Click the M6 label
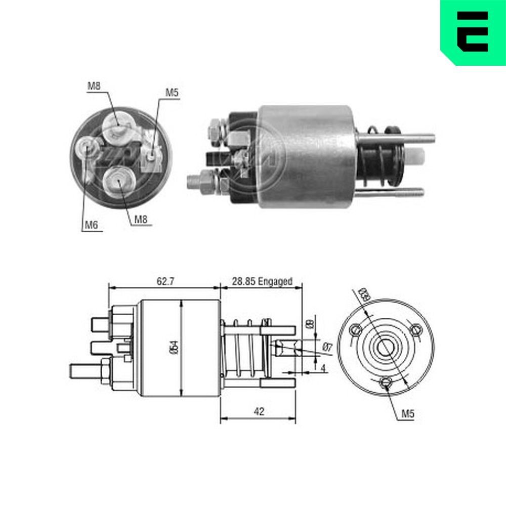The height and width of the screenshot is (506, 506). (91, 225)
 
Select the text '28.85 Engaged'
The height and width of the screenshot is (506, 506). (262, 281)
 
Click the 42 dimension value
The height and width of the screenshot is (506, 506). (259, 411)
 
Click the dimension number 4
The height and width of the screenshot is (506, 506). (323, 368)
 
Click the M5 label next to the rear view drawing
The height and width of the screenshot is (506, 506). (408, 414)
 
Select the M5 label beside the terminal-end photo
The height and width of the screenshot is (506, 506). (172, 92)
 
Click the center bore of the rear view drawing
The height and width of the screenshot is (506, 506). (387, 347)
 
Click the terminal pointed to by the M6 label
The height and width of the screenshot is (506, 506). (86, 148)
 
